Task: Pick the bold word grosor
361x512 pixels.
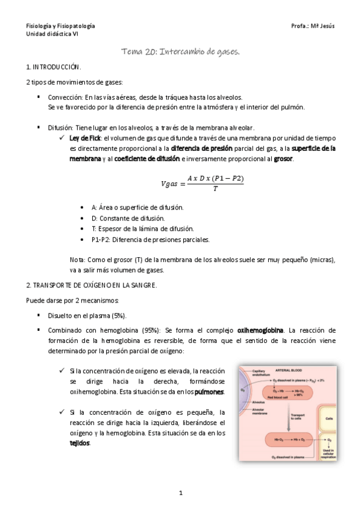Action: tap(283, 159)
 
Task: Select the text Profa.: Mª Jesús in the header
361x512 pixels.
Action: tap(312, 27)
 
